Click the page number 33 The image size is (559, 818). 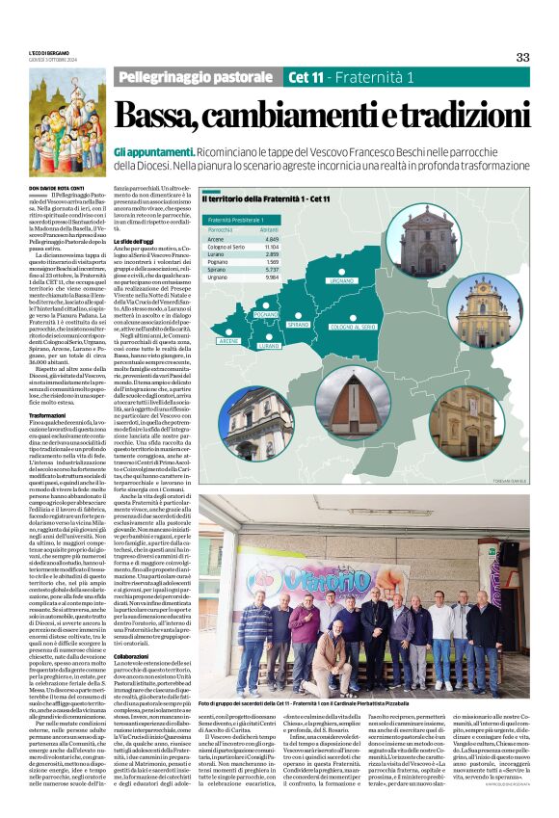(x=522, y=57)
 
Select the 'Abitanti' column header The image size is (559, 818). (x=269, y=229)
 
